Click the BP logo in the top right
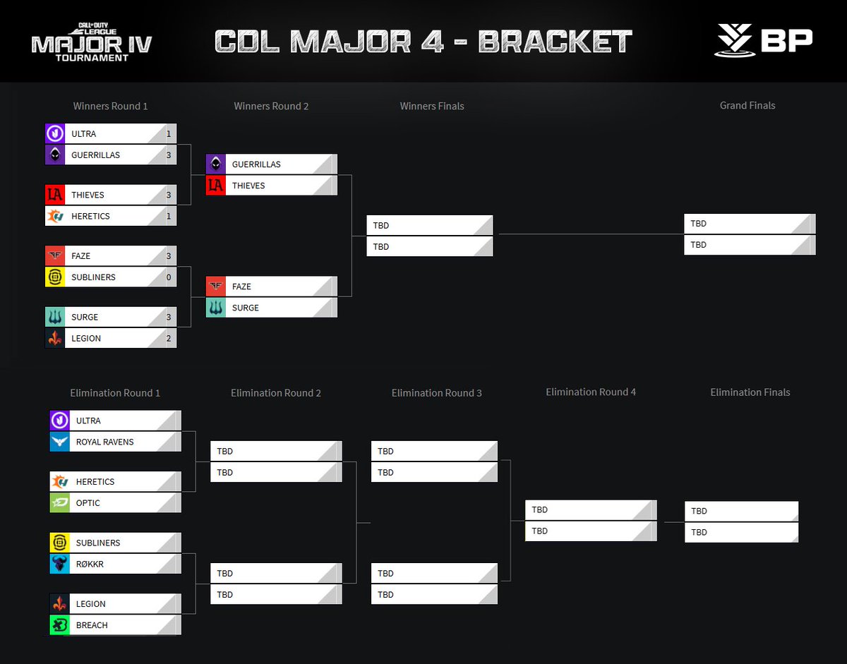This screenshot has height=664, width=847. [763, 41]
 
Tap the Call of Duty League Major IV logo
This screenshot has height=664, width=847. [91, 42]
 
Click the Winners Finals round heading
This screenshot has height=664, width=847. [432, 106]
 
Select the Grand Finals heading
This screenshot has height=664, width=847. [747, 105]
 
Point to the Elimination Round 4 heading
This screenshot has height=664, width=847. [591, 392]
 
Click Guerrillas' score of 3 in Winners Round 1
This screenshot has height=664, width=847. [169, 155]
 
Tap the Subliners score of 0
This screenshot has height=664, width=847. [169, 277]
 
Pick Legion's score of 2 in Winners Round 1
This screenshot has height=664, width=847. [169, 338]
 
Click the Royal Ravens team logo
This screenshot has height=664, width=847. [60, 442]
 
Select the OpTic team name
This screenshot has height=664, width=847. [88, 503]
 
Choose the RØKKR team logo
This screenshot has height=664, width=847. [60, 564]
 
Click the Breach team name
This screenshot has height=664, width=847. [92, 625]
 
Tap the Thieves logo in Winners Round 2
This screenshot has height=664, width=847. [216, 186]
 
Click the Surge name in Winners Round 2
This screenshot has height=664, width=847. [246, 308]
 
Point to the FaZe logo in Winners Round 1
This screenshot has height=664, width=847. [55, 256]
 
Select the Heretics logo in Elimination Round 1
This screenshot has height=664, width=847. [60, 482]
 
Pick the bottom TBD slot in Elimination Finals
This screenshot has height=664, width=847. [741, 532]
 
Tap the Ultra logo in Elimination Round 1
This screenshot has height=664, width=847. [60, 421]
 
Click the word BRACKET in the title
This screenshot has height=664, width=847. [555, 42]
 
